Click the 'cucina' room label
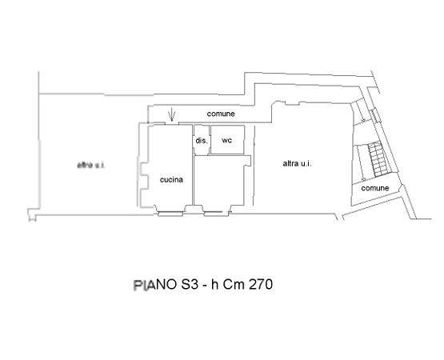[171, 179]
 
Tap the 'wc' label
[227, 140]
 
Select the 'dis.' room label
[202, 140]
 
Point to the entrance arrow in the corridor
[171, 116]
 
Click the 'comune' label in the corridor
[221, 114]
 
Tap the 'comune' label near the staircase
[375, 188]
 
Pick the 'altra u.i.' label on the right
[297, 163]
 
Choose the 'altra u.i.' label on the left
[91, 165]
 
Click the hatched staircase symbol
[378, 159]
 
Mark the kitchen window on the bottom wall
[170, 214]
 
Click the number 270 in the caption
[261, 284]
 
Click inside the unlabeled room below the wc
[218, 180]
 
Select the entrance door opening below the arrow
[171, 123]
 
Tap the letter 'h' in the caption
[215, 284]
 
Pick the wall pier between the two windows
[194, 209]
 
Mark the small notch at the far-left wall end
[32, 214]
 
